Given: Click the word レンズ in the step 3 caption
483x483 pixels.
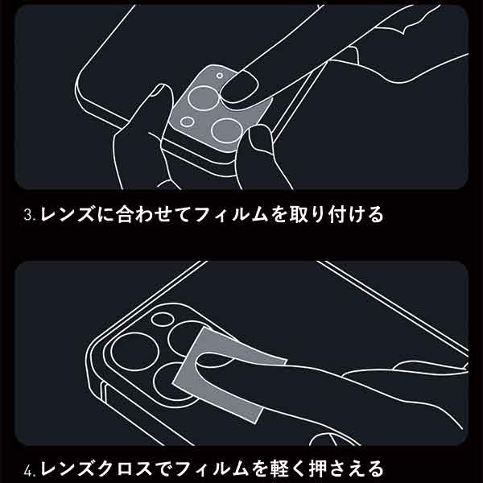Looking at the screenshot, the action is pyautogui.click(x=67, y=214).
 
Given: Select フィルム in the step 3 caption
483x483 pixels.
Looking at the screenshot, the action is pyautogui.click(x=232, y=214).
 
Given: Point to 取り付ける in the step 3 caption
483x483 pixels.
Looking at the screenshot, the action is pyautogui.click(x=336, y=214).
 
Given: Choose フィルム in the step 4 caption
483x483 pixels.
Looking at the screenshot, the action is pyautogui.click(x=213, y=469).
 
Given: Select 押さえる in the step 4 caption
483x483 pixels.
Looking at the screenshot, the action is pyautogui.click(x=346, y=469).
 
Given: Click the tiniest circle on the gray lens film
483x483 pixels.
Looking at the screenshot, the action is pyautogui.click(x=219, y=76).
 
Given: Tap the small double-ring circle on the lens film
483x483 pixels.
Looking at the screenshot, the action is pyautogui.click(x=187, y=122).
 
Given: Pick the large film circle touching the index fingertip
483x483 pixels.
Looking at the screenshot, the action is pyautogui.click(x=203, y=98).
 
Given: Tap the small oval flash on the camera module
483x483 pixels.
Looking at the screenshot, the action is pyautogui.click(x=163, y=319).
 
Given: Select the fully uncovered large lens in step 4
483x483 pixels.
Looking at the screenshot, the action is pyautogui.click(x=134, y=352).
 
